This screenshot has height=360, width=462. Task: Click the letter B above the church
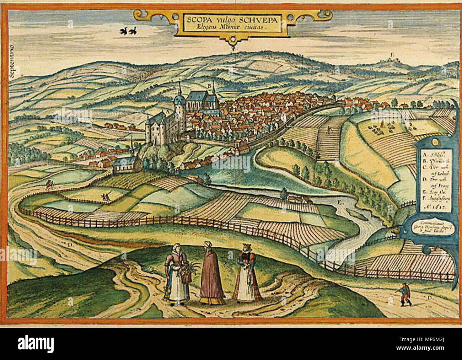209,86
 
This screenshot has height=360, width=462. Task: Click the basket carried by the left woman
186,276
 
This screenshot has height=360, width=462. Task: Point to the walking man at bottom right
404,295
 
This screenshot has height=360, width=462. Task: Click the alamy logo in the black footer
36,344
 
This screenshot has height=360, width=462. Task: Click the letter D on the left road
70,245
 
